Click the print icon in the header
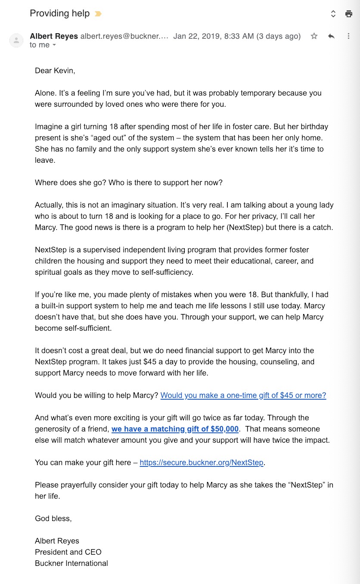click(349, 14)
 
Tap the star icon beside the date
click(314, 36)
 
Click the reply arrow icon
click(331, 36)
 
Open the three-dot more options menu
click(348, 36)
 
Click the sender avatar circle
click(16, 40)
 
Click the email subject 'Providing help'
click(59, 13)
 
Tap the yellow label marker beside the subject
click(98, 14)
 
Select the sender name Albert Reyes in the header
click(54, 36)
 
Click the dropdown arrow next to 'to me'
click(54, 45)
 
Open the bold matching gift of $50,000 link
click(175, 429)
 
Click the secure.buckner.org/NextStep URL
click(202, 463)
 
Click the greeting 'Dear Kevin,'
click(55, 71)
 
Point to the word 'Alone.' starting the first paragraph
click(45, 93)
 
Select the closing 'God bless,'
click(53, 519)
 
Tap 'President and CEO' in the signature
click(68, 552)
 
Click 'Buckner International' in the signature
click(71, 563)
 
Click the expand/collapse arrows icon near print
click(333, 14)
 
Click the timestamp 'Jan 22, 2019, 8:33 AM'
click(214, 36)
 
